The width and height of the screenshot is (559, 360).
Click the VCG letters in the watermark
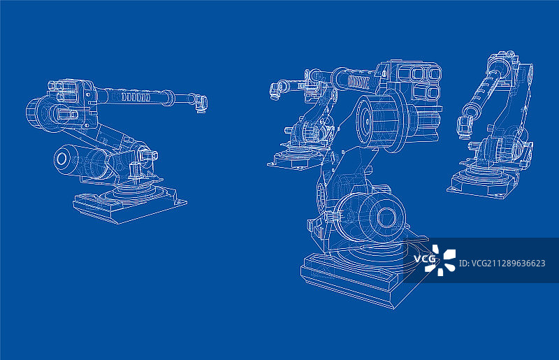(x=424, y=259)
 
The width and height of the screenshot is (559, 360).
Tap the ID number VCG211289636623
(x=502, y=264)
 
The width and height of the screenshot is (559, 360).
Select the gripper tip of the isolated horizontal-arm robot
(x=201, y=103)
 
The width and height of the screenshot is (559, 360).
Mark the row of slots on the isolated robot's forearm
(x=136, y=97)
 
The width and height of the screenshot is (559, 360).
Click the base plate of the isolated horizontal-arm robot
(x=129, y=207)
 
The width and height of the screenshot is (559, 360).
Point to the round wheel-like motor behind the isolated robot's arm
(x=38, y=113)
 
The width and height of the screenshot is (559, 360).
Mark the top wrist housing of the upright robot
(x=502, y=61)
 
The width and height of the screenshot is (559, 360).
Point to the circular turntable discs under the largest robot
(x=372, y=252)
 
